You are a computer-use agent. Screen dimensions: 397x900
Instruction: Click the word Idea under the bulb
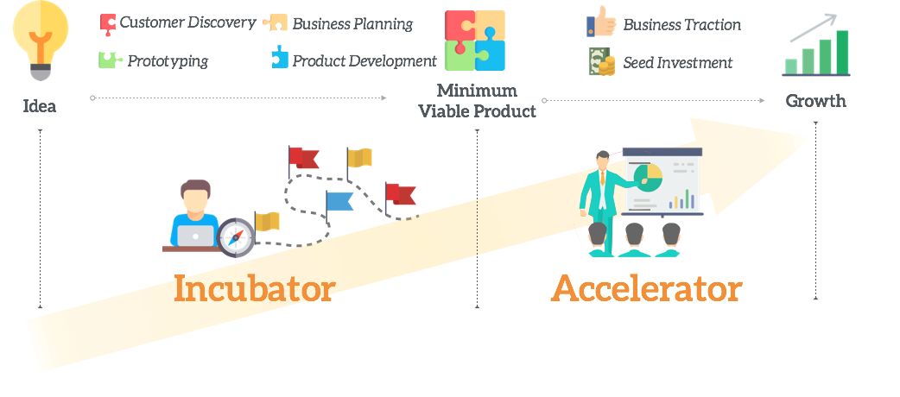coord(40,106)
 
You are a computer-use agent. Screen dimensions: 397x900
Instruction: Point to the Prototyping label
coord(167,61)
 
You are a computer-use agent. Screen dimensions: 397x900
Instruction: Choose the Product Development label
coord(364,61)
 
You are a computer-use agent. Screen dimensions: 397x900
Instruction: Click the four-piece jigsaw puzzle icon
coord(475,40)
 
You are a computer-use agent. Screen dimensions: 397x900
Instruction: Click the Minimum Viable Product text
coord(477,101)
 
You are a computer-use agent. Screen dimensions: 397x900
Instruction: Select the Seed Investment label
coord(677,62)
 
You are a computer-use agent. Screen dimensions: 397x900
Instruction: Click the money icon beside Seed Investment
coord(600,61)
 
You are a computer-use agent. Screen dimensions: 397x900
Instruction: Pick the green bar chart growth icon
coord(816,49)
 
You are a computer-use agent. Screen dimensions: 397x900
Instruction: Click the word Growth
coord(815,101)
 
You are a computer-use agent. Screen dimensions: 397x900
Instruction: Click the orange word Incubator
coord(254,288)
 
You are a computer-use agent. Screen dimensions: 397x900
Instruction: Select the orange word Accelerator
coord(646,288)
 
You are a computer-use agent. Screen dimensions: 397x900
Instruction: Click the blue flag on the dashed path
coord(339,202)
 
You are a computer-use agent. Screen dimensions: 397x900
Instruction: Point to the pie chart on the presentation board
coord(647,179)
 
